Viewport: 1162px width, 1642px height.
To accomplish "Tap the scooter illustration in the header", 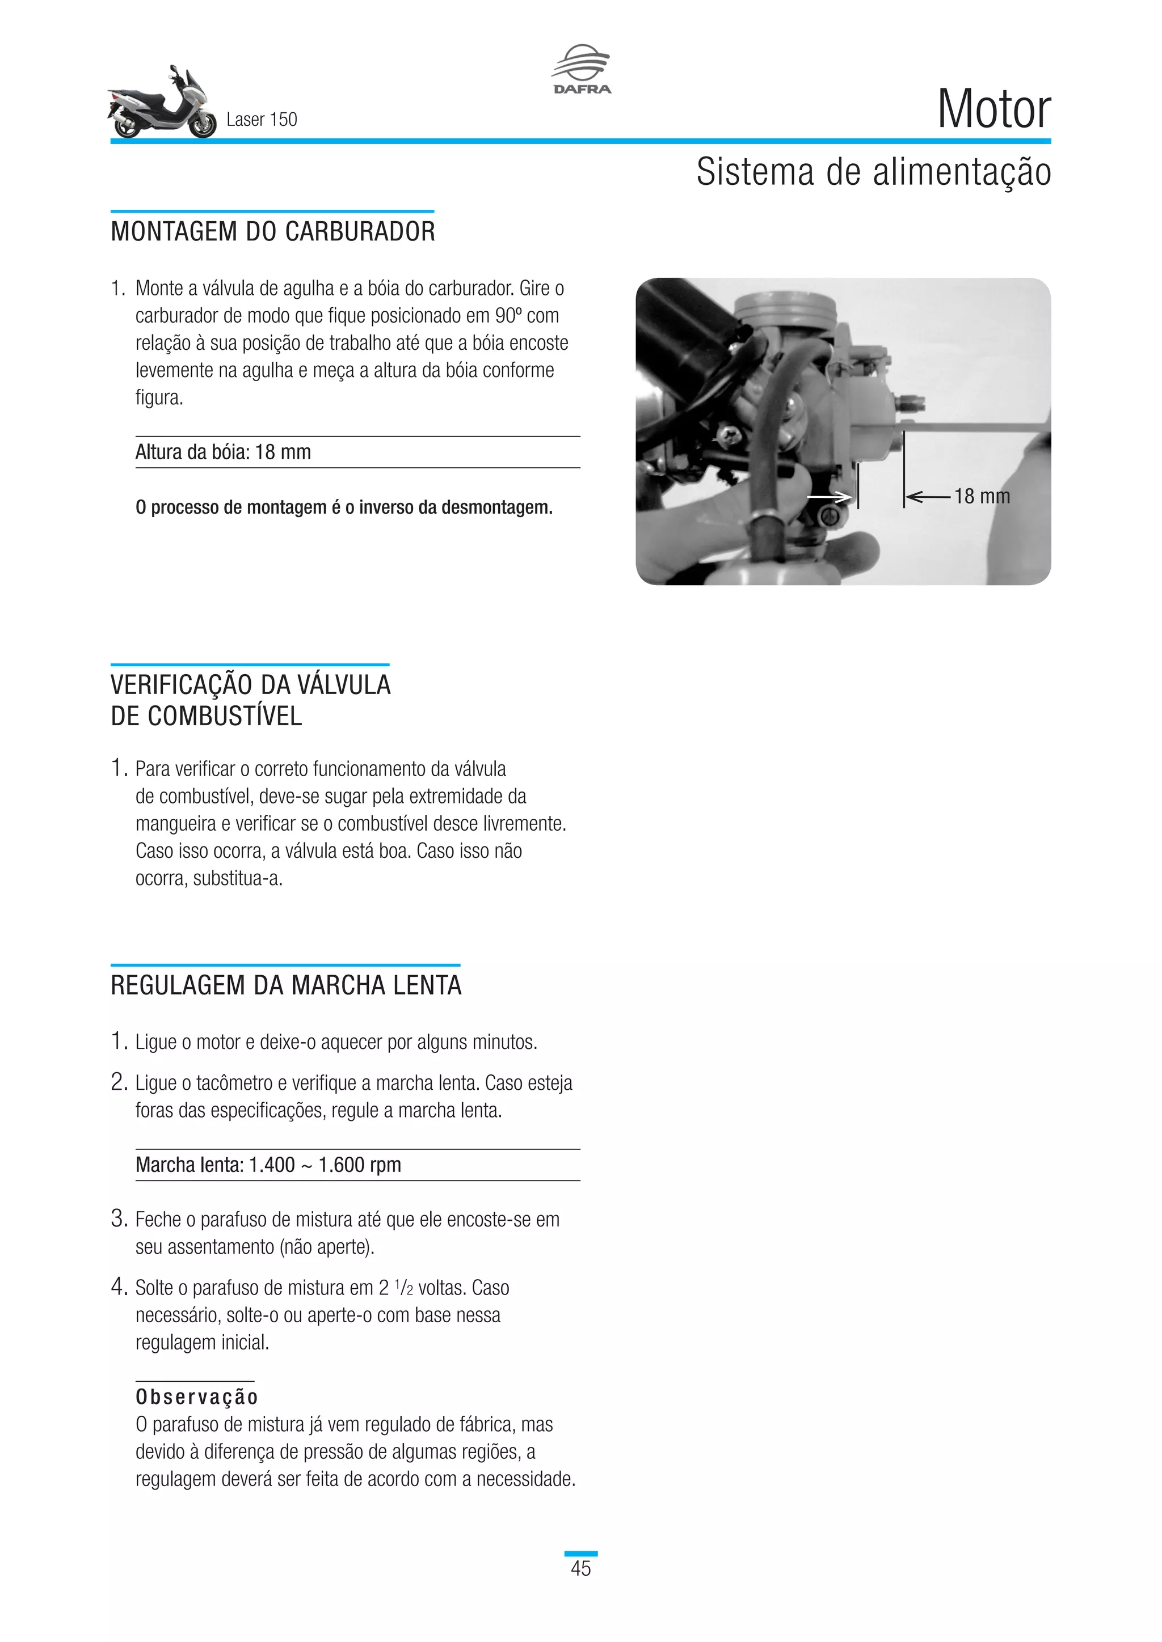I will tap(162, 104).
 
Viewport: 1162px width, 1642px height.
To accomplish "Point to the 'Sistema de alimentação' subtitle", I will tap(873, 172).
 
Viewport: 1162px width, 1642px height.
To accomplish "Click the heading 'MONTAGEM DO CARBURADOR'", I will tap(272, 232).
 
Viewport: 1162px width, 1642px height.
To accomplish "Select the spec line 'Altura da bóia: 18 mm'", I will tap(223, 452).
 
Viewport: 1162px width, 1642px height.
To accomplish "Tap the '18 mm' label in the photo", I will tap(982, 496).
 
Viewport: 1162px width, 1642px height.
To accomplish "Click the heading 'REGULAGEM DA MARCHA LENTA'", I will tap(285, 985).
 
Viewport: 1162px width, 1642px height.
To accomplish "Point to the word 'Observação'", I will tap(197, 1396).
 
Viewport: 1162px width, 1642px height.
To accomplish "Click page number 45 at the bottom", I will tap(580, 1568).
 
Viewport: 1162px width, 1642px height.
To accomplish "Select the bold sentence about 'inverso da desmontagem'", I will tap(344, 508).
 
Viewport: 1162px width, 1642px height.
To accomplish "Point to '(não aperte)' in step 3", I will tap(326, 1247).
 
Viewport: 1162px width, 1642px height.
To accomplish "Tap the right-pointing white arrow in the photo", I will tap(828, 496).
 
